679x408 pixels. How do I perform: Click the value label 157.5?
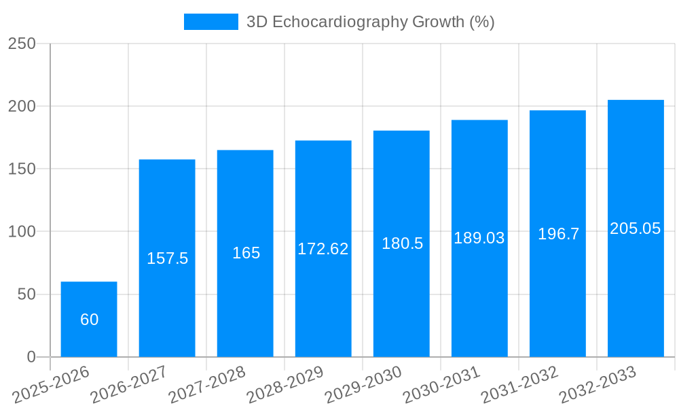[x=167, y=258]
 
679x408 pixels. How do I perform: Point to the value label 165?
[x=246, y=253]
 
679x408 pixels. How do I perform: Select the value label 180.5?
[x=402, y=243]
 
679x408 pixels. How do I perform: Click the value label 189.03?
[x=479, y=238]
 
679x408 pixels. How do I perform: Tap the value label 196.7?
[x=558, y=234]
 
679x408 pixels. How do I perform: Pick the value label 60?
[x=89, y=320]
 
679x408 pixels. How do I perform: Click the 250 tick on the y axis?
[x=22, y=44]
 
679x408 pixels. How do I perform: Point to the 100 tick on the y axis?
[x=22, y=232]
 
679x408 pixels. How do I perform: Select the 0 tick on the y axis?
[x=31, y=357]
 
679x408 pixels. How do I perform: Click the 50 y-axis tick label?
[x=26, y=294]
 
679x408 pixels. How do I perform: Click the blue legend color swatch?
[x=211, y=22]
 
